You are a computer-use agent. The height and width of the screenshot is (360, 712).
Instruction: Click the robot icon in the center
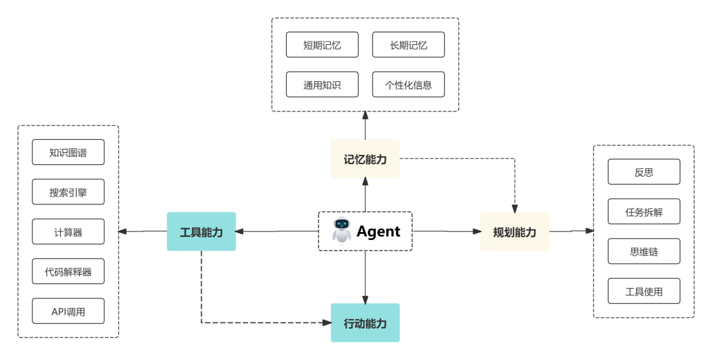341,229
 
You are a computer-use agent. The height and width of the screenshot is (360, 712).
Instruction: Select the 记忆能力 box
365,159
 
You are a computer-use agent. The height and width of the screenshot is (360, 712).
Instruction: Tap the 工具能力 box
201,231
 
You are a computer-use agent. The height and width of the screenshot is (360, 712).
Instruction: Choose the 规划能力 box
514,231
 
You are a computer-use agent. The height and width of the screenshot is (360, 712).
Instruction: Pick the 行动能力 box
365,323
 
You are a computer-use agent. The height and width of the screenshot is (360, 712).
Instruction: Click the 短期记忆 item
322,45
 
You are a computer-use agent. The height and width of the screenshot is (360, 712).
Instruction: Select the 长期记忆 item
408,45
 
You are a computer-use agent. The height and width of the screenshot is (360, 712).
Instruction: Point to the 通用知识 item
322,84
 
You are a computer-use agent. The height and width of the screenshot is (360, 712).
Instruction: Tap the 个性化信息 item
408,84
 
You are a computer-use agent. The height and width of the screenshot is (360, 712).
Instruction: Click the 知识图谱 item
68,152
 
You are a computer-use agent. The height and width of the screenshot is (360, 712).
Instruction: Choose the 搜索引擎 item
68,192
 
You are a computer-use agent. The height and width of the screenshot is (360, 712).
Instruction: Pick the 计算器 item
68,232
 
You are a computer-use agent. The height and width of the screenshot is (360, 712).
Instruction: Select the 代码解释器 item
68,272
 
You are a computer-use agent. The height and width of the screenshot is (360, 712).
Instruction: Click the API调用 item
68,311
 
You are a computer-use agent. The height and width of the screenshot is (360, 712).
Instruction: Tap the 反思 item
643,171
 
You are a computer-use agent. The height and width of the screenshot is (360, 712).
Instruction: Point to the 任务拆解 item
643,212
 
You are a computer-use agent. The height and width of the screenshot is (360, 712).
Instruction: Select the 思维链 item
643,251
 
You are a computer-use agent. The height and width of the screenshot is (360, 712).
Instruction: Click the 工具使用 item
643,291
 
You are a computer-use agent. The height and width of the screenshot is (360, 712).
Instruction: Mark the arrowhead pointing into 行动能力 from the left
326,323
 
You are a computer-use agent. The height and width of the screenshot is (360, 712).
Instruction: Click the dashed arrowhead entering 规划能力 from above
514,207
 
